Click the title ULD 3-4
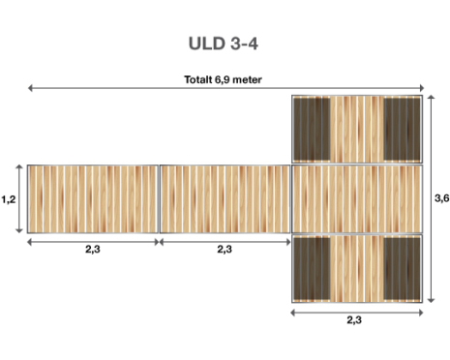[x=224, y=44]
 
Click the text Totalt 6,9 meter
[x=223, y=79]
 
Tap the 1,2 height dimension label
[x=9, y=199]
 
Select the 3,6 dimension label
[x=441, y=198]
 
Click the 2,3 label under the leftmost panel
[x=93, y=249]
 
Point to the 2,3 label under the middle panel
[x=225, y=249]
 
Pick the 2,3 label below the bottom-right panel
[x=354, y=319]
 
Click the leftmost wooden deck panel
[x=93, y=199]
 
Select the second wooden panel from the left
[x=225, y=199]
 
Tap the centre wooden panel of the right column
[x=357, y=199]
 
